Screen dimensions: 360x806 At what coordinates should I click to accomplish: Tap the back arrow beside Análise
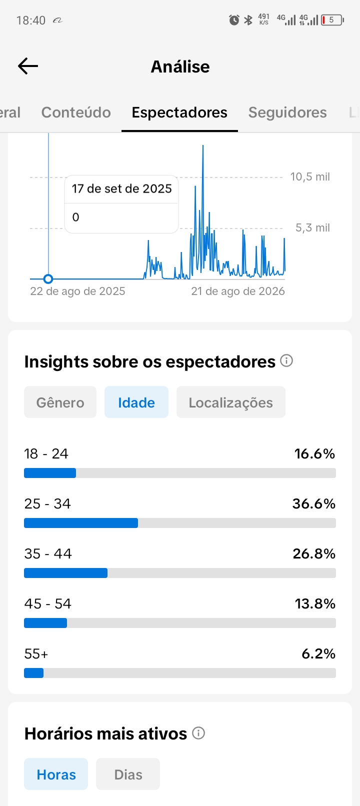pyautogui.click(x=28, y=66)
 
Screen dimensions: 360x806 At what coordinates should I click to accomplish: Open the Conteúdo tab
pyautogui.click(x=76, y=112)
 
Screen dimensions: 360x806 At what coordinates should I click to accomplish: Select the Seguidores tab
pyautogui.click(x=287, y=112)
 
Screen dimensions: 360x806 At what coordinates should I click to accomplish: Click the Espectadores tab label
pyautogui.click(x=179, y=112)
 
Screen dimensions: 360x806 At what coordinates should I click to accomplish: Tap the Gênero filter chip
pyautogui.click(x=60, y=402)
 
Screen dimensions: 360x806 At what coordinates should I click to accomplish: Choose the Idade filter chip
pyautogui.click(x=136, y=402)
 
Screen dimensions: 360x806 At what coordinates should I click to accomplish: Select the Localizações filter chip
pyautogui.click(x=231, y=402)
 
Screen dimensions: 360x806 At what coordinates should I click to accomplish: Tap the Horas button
pyautogui.click(x=56, y=774)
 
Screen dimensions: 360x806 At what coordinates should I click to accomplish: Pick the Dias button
pyautogui.click(x=128, y=774)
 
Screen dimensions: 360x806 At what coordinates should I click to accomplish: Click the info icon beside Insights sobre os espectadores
pyautogui.click(x=286, y=360)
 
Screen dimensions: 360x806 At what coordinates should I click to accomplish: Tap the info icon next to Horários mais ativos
pyautogui.click(x=198, y=733)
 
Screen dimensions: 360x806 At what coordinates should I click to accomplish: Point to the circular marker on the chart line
pyautogui.click(x=48, y=279)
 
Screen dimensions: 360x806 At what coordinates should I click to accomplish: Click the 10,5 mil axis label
pyautogui.click(x=310, y=176)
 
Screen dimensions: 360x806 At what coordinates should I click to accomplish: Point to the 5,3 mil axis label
pyautogui.click(x=312, y=228)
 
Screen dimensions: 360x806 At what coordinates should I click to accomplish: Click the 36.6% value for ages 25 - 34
pyautogui.click(x=314, y=504)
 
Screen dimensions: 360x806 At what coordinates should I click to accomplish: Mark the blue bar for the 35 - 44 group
pyautogui.click(x=66, y=573)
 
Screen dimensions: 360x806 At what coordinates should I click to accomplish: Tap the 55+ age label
pyautogui.click(x=36, y=654)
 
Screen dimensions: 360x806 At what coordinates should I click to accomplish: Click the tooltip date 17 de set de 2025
pyautogui.click(x=121, y=188)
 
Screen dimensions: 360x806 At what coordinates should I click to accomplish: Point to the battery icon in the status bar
pyautogui.click(x=332, y=20)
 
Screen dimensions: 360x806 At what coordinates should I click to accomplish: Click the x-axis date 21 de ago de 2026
pyautogui.click(x=238, y=291)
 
